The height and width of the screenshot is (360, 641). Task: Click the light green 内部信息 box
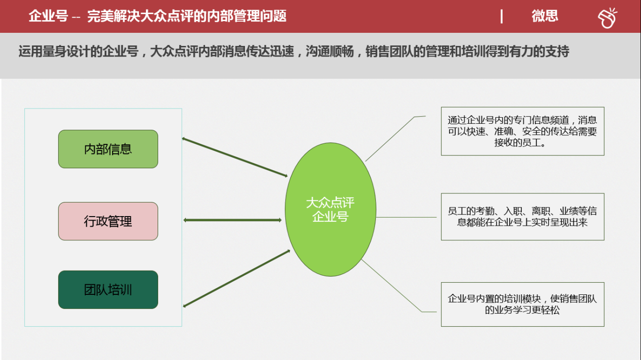click(108, 149)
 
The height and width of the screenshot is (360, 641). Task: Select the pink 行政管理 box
click(108, 221)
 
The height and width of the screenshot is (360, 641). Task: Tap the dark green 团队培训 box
click(108, 290)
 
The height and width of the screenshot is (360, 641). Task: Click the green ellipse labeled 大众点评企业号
click(330, 210)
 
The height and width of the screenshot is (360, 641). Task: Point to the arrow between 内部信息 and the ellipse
click(235, 157)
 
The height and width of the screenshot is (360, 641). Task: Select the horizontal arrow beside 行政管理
click(232, 220)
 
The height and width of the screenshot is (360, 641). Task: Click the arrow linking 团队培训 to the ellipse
click(236, 279)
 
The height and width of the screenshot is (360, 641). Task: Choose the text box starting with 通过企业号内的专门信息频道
click(522, 131)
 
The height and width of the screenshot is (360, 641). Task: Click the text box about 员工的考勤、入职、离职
click(522, 217)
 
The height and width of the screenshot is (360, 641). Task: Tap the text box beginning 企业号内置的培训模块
click(522, 304)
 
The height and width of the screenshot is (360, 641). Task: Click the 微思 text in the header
click(545, 16)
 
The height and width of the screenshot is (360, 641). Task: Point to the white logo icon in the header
click(608, 18)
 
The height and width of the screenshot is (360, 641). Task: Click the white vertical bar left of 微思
click(502, 16)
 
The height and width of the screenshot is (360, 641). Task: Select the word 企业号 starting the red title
click(48, 16)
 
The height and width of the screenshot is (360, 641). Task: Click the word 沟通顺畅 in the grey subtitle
click(330, 52)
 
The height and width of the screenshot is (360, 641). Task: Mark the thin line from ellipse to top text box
click(396, 138)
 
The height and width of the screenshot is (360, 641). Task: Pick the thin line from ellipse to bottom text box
click(399, 286)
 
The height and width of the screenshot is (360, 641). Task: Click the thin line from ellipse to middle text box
click(406, 217)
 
